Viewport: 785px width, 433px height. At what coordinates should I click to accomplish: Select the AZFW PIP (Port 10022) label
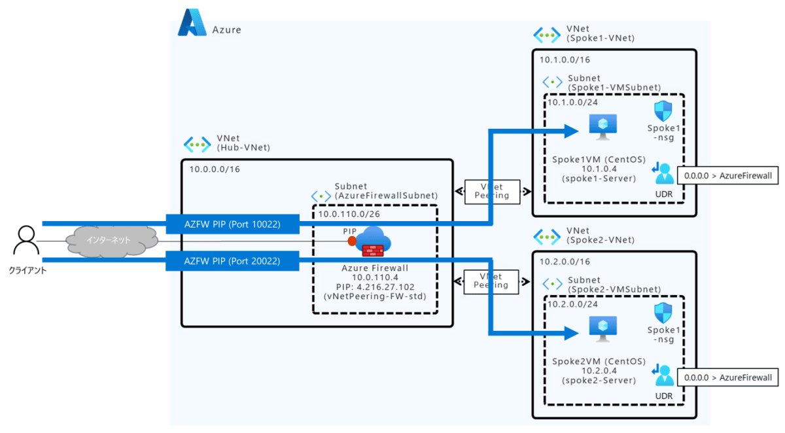[x=232, y=224]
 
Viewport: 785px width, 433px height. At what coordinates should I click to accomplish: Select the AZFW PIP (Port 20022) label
[x=232, y=261]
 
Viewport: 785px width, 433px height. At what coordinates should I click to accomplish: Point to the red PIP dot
[x=352, y=241]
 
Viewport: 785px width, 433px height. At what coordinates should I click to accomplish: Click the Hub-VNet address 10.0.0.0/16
[x=215, y=169]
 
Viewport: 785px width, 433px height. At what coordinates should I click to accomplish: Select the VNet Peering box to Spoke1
[x=491, y=191]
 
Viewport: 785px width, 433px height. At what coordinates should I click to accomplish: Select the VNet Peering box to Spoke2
[x=491, y=281]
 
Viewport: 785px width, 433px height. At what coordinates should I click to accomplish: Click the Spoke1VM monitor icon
[x=599, y=128]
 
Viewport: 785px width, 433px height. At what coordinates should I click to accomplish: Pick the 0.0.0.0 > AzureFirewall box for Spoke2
[x=728, y=377]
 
